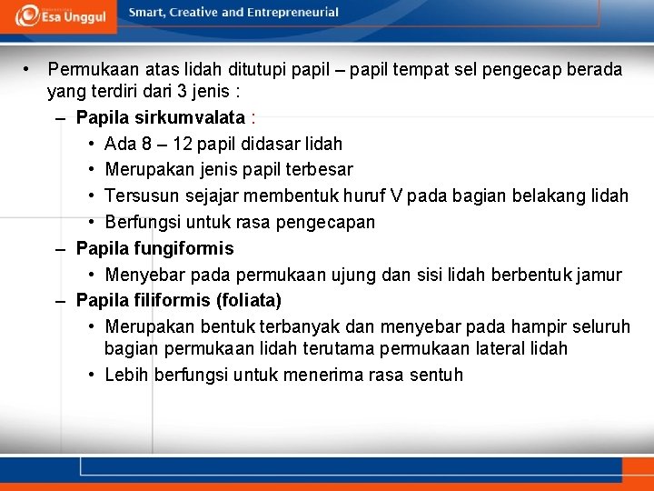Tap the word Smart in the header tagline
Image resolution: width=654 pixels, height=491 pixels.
point(147,12)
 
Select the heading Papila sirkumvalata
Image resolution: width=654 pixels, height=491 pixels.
point(161,117)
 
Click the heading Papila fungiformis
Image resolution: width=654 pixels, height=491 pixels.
point(154,248)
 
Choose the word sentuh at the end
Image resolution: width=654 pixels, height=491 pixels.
point(434,375)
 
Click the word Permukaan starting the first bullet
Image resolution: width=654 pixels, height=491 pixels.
point(89,69)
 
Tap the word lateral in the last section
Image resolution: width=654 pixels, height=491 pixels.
point(510,348)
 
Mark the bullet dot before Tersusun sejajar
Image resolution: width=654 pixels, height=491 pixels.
point(94,195)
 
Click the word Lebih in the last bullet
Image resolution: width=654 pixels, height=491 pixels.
point(126,375)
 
